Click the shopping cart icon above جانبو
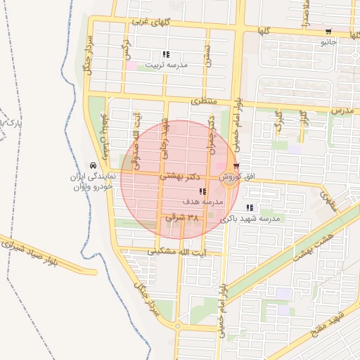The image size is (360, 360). (x=328, y=32)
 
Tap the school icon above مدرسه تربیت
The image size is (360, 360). (x=166, y=54)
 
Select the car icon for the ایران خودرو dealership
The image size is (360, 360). (x=94, y=167)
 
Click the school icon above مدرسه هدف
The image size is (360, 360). (x=202, y=191)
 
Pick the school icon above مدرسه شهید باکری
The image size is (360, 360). (x=250, y=208)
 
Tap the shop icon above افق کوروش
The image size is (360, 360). (x=236, y=167)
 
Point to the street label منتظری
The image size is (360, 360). (x=205, y=102)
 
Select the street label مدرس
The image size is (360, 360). (x=340, y=111)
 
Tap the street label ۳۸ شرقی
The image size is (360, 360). (x=182, y=219)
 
